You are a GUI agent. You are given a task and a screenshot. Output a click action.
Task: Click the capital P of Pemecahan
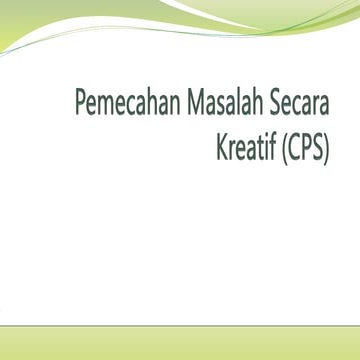81,103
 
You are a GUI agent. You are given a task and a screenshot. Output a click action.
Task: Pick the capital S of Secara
275,103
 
